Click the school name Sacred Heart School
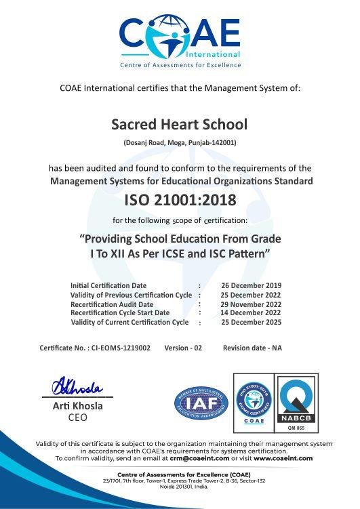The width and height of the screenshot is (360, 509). [180, 125]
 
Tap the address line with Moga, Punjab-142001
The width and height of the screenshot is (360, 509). [180, 142]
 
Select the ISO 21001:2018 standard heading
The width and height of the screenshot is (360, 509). [180, 200]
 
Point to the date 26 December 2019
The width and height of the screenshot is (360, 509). [252, 285]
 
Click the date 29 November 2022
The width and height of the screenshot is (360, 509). [252, 304]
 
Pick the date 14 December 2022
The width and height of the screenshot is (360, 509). [252, 313]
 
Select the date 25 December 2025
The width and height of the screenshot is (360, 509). [252, 323]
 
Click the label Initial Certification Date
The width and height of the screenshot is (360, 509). [108, 285]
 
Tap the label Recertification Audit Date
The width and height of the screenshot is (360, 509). [112, 304]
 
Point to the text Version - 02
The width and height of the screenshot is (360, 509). [183, 348]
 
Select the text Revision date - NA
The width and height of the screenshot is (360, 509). [252, 348]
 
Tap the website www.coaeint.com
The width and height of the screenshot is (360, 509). [283, 458]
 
